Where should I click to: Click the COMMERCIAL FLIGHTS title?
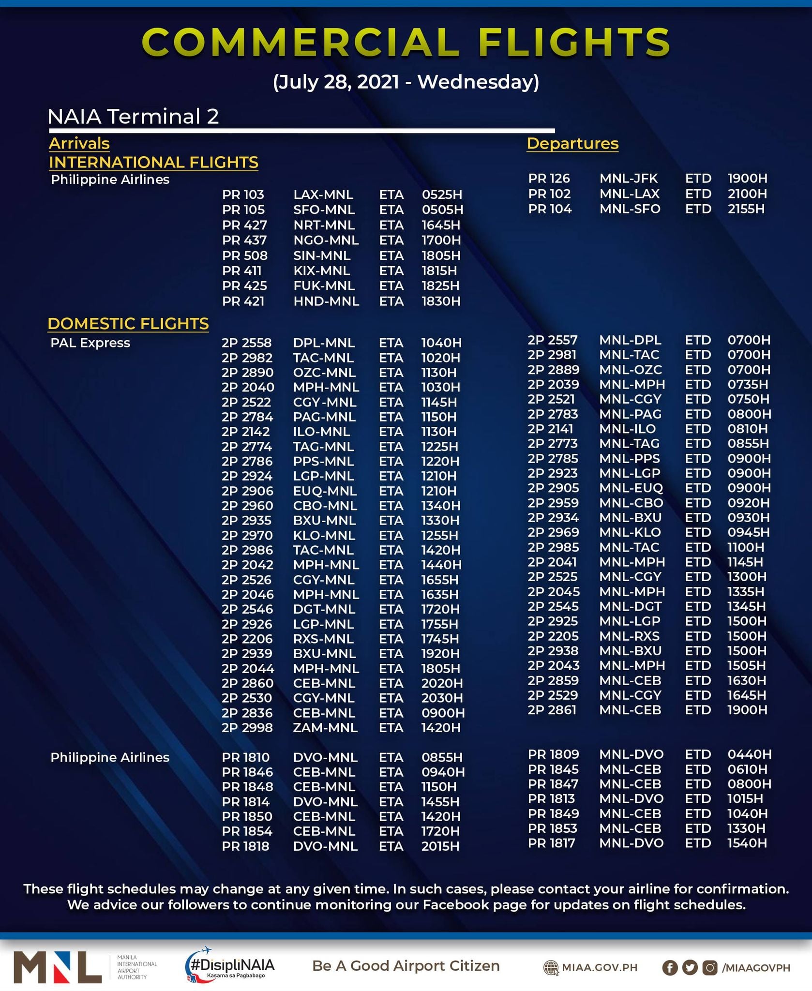click(x=406, y=42)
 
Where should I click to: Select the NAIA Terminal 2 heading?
click(x=133, y=117)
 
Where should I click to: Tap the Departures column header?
click(x=572, y=144)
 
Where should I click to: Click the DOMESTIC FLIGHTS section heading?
click(x=128, y=324)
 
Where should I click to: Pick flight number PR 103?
click(x=243, y=195)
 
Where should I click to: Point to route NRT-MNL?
click(x=324, y=225)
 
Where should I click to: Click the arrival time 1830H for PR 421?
click(x=440, y=301)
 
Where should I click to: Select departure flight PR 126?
click(x=549, y=179)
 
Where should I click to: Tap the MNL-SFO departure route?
click(x=630, y=209)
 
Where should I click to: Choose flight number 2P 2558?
click(x=246, y=343)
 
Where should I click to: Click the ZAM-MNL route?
click(x=325, y=728)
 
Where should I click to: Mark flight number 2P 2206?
click(x=247, y=639)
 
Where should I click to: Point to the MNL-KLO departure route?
click(x=630, y=532)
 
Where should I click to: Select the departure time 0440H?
click(x=749, y=754)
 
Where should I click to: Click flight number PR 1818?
click(x=245, y=846)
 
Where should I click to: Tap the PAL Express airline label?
click(x=90, y=343)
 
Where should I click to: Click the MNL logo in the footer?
click(x=58, y=967)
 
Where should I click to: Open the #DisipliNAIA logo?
click(x=230, y=965)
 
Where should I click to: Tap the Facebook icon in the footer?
click(x=670, y=967)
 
